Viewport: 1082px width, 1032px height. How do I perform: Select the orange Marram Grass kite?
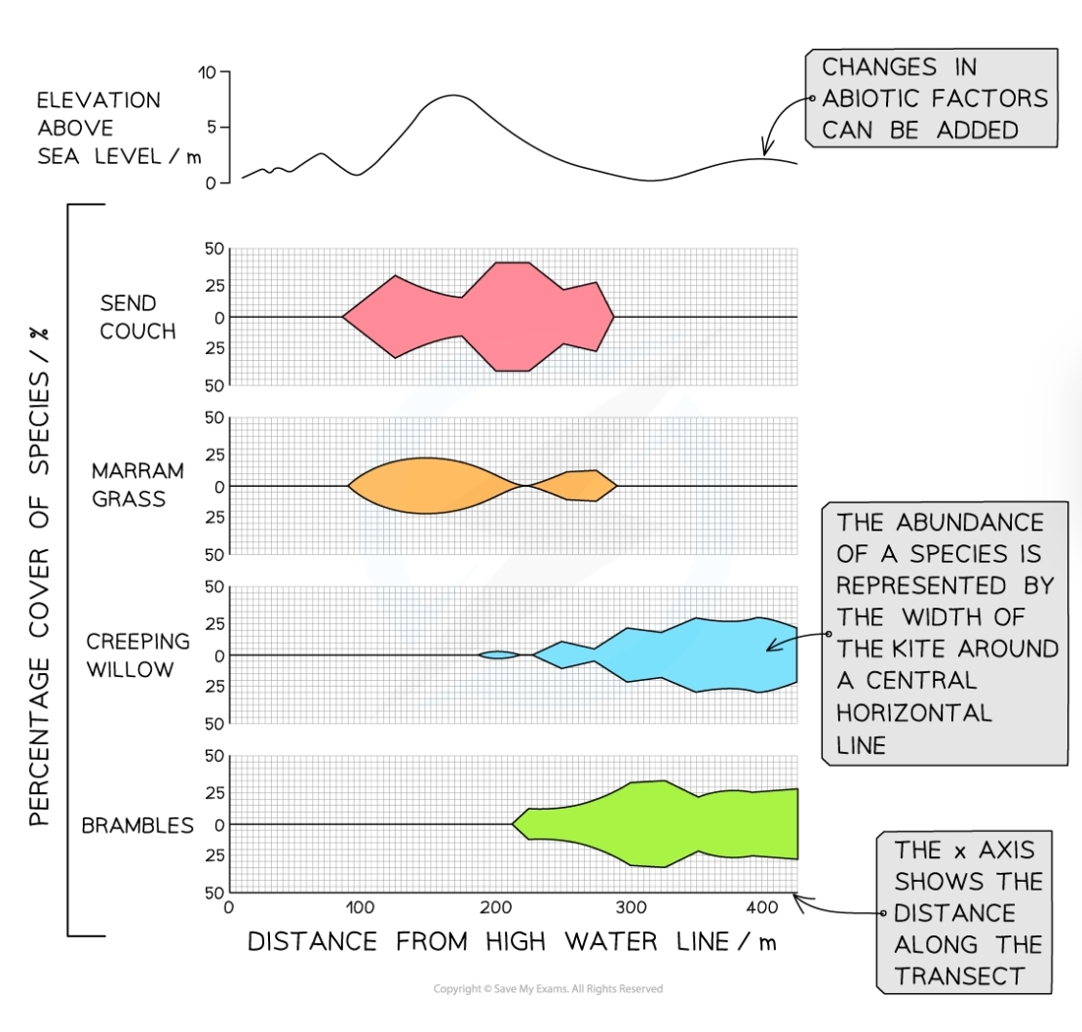click(x=424, y=486)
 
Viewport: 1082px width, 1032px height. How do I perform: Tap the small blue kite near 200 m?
click(x=498, y=655)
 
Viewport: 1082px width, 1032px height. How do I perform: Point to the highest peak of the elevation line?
click(x=453, y=96)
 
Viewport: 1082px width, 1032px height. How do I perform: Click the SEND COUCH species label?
click(x=137, y=318)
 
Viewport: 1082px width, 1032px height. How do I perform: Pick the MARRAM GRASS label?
click(x=137, y=485)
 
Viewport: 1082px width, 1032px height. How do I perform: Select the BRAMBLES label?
click(x=137, y=826)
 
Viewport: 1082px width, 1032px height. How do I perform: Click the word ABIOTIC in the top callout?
click(x=876, y=99)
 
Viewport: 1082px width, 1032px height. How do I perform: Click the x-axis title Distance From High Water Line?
click(x=512, y=942)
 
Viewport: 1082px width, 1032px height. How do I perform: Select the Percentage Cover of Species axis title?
click(x=39, y=576)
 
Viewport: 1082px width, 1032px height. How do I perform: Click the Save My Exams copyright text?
click(x=548, y=989)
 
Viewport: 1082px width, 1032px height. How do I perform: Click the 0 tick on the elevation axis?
click(x=211, y=182)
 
